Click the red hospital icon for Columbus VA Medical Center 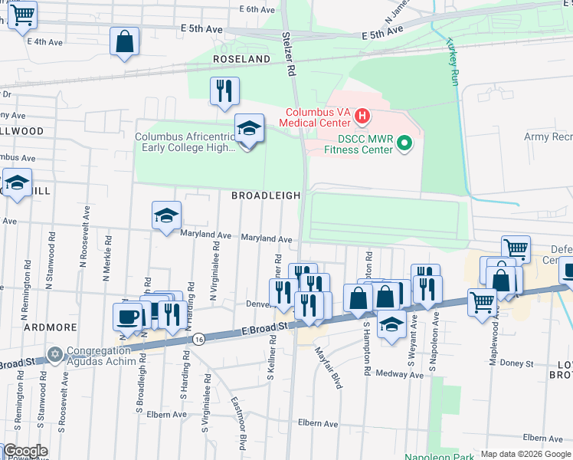(x=362, y=118)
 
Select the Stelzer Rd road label (x=288, y=54)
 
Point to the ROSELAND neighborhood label (x=242, y=59)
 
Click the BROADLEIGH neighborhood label (x=266, y=195)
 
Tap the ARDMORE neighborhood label (x=51, y=327)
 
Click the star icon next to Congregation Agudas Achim (x=54, y=354)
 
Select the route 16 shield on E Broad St (x=199, y=337)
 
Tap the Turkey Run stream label (x=452, y=61)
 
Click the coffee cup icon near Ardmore (x=127, y=316)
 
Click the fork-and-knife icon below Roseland (x=224, y=90)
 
